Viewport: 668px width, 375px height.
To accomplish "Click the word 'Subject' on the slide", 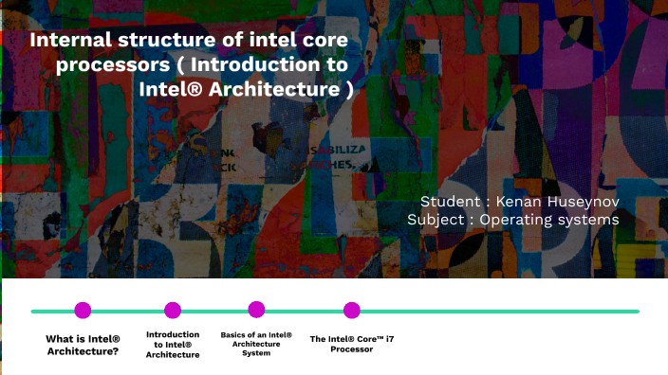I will [437, 220].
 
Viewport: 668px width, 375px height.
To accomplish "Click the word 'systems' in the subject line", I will [589, 220].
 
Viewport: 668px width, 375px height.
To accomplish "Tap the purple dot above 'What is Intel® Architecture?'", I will [83, 310].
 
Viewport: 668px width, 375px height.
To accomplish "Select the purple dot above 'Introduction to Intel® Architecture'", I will [173, 310].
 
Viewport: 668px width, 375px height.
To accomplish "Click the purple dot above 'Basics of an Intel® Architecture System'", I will [256, 309].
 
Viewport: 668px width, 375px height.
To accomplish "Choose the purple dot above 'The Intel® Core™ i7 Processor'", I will [352, 310].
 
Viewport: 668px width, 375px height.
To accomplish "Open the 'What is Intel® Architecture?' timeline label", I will [83, 345].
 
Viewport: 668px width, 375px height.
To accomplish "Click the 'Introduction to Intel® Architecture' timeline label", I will [173, 345].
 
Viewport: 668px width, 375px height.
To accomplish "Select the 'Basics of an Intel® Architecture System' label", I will [256, 344].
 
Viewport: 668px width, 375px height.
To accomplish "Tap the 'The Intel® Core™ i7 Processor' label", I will [352, 344].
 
